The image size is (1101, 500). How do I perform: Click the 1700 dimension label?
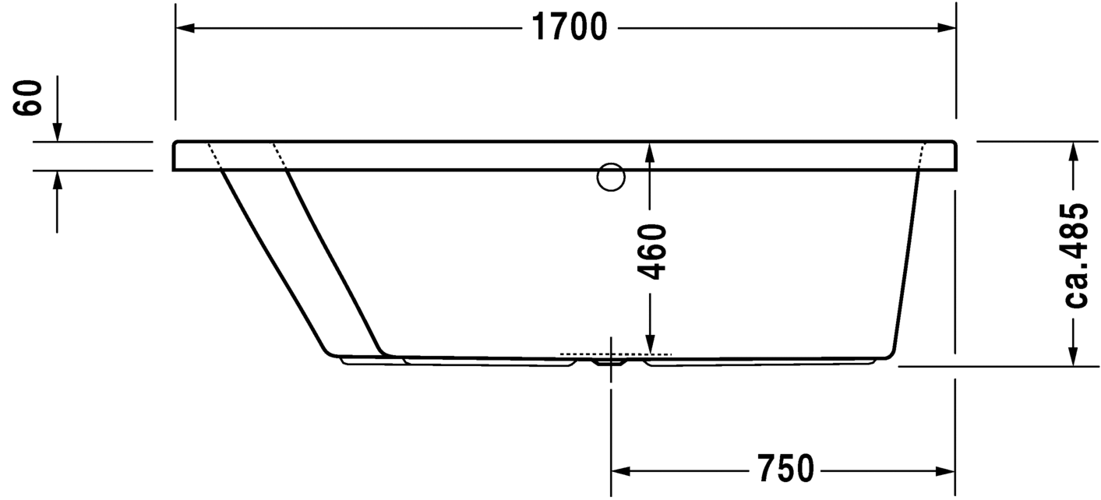[x=568, y=28]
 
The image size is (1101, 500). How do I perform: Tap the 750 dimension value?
[x=784, y=470]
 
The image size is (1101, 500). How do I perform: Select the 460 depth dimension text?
[x=652, y=251]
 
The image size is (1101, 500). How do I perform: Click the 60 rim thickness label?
[x=30, y=97]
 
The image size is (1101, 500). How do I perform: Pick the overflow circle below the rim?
[x=611, y=177]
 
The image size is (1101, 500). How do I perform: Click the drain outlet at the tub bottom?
[x=610, y=361]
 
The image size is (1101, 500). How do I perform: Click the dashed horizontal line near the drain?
[x=616, y=354]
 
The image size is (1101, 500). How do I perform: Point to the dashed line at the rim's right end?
[x=923, y=156]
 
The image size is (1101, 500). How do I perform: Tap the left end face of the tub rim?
[x=174, y=156]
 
